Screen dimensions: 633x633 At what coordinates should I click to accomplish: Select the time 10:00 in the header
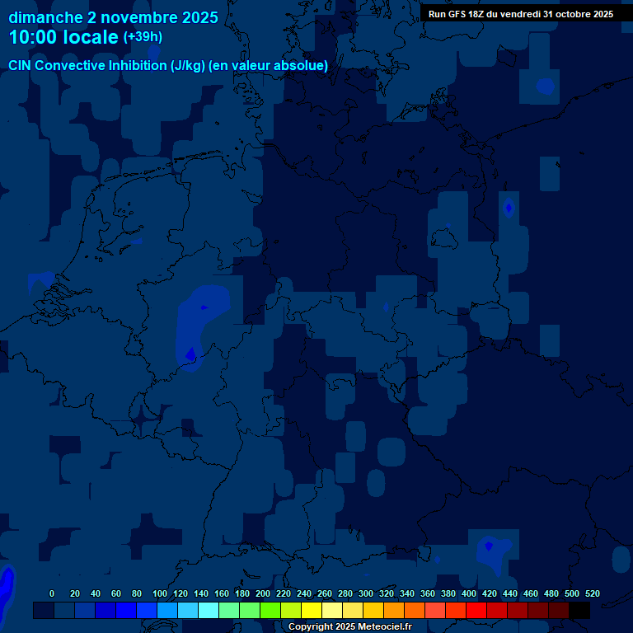click(33, 37)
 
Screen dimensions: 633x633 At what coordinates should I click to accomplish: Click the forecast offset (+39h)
click(143, 37)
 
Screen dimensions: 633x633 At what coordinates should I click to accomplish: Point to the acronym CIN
click(20, 65)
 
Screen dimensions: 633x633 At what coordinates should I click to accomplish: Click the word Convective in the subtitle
click(70, 65)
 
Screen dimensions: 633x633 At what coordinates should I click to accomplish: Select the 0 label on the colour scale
click(52, 594)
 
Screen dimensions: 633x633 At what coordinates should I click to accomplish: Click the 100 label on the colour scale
click(160, 594)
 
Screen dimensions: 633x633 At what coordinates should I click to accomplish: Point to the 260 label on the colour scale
click(325, 594)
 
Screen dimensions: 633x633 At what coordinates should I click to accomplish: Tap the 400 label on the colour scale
click(469, 594)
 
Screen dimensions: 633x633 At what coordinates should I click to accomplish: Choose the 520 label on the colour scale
click(593, 594)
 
